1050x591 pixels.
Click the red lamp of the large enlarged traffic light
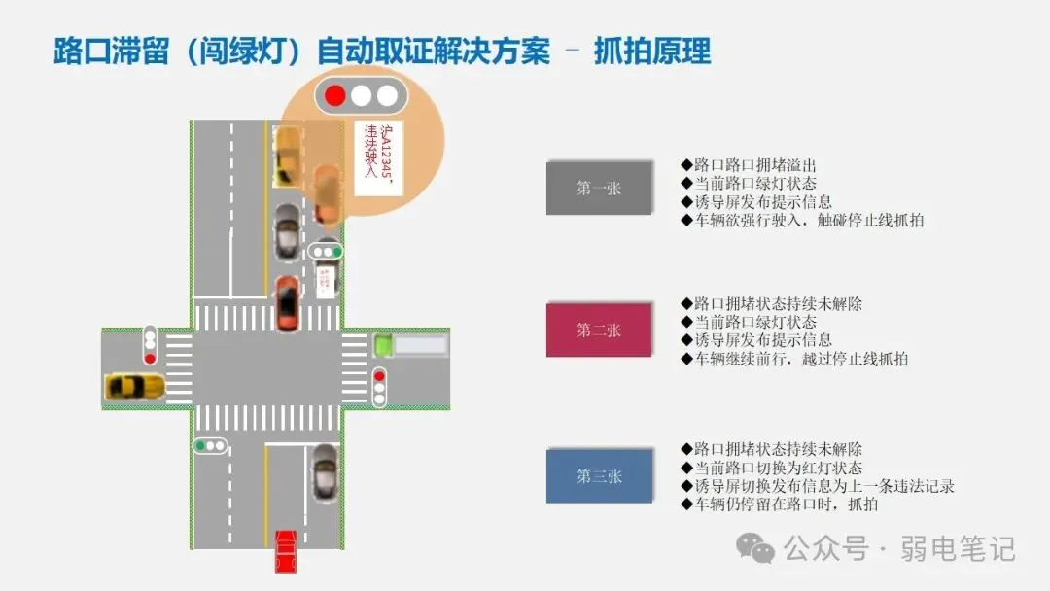335,95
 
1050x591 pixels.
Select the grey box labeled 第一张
598,188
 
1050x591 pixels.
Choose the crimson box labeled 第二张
598,330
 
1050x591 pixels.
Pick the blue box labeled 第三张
598,475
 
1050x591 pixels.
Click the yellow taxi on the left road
134,386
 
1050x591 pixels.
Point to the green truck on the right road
383,344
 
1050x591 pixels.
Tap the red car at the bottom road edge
285,550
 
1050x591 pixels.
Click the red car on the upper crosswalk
287,303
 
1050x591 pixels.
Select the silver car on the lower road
325,472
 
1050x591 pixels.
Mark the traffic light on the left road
150,345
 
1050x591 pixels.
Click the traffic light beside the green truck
379,386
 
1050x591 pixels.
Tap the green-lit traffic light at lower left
210,446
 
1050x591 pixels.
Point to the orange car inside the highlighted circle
328,194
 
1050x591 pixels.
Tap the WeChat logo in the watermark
755,549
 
